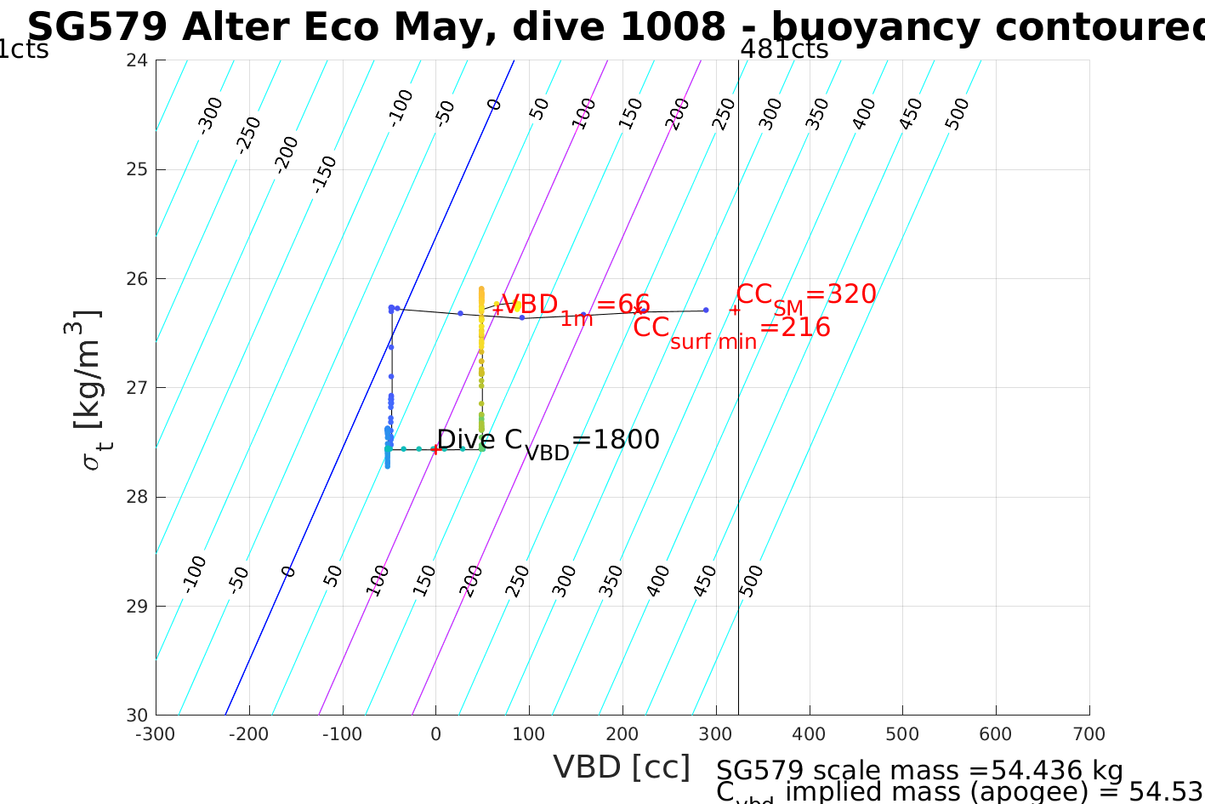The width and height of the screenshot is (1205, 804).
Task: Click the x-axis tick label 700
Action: [x=1088, y=734]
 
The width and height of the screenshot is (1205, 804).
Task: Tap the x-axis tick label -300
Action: [x=156, y=734]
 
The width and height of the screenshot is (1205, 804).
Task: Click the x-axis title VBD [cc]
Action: [x=622, y=767]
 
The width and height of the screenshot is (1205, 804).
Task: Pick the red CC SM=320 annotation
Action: [x=805, y=295]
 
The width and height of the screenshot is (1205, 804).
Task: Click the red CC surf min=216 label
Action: [x=731, y=329]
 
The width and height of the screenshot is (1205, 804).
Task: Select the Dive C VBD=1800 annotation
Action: [x=548, y=441]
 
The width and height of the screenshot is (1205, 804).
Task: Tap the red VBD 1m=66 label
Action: [x=575, y=306]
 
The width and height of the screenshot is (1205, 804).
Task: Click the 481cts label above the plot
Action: [x=784, y=49]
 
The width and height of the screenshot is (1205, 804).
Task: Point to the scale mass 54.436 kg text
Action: [x=919, y=771]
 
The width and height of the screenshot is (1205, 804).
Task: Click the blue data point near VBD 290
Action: [x=706, y=310]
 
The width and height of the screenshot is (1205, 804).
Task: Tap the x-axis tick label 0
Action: [x=435, y=734]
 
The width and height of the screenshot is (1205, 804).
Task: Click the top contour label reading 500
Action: [x=957, y=114]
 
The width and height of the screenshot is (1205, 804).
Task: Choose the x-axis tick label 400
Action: [x=809, y=734]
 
